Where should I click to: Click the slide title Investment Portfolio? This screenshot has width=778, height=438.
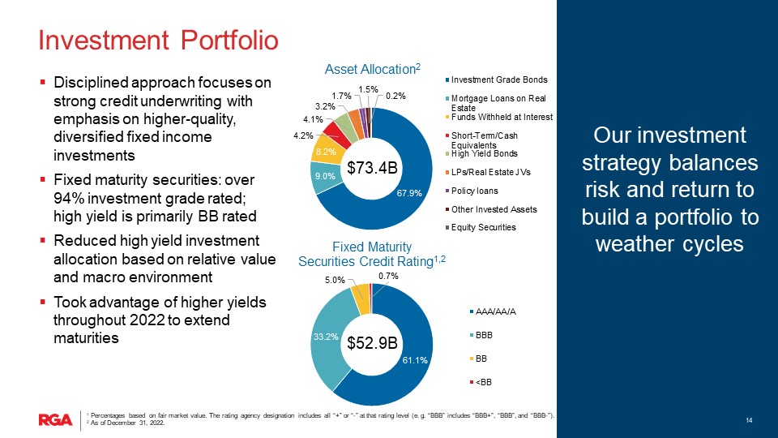coord(159,39)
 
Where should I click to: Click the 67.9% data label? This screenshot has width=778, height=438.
coord(410,193)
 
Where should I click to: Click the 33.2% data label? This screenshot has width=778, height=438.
coord(325,335)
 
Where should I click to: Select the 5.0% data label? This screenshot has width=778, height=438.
coord(335,280)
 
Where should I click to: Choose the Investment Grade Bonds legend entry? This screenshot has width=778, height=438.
coord(498,79)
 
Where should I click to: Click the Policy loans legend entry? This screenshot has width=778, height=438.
coord(475,191)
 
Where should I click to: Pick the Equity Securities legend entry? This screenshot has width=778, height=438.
coord(483,227)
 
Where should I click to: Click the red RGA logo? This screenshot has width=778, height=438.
coord(54,419)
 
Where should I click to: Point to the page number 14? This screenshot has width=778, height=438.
coord(750,419)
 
